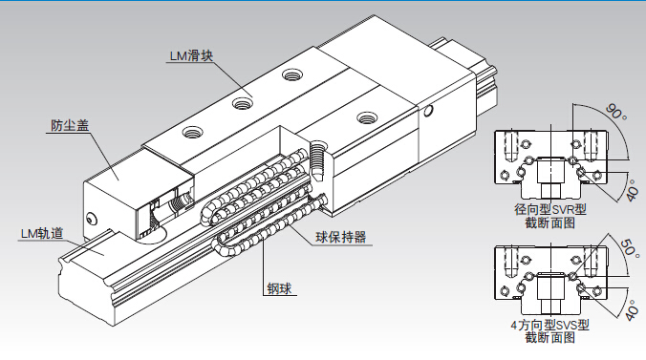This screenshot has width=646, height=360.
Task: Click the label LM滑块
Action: (x=191, y=55)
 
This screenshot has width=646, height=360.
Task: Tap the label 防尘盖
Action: (x=70, y=125)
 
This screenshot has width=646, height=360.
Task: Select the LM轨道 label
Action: (x=42, y=234)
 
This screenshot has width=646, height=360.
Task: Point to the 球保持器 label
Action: (x=341, y=237)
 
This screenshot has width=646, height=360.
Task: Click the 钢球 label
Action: (x=279, y=288)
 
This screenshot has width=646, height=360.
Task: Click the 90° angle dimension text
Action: (x=616, y=112)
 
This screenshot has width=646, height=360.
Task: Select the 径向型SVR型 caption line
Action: (x=550, y=209)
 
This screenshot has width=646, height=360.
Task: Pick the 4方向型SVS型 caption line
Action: (x=550, y=325)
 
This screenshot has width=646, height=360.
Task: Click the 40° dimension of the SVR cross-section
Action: (x=632, y=189)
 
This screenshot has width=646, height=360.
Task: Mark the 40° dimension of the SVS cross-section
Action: (x=632, y=309)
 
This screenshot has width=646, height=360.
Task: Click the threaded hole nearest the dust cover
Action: (x=192, y=133)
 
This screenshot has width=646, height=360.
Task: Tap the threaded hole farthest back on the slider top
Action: (x=292, y=75)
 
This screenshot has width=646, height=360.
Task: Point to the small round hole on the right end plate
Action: (x=428, y=111)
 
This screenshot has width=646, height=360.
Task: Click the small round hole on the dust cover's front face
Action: (x=91, y=219)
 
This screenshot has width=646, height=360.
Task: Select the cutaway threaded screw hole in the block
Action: (x=317, y=160)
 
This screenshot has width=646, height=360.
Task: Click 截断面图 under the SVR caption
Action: (x=550, y=223)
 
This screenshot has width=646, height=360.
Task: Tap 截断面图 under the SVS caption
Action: (x=550, y=338)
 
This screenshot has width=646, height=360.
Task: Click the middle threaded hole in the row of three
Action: (x=243, y=103)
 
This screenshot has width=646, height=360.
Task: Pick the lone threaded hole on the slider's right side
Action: (x=367, y=118)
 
